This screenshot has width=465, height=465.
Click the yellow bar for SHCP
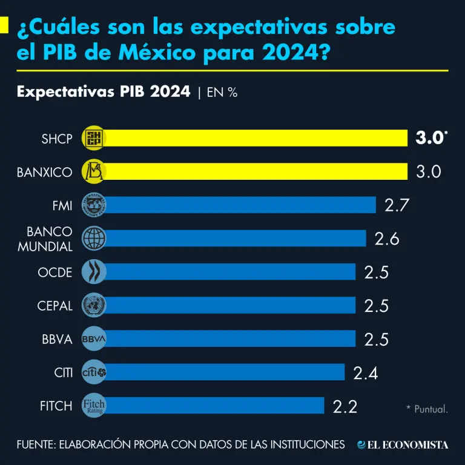pyautogui.click(x=254, y=138)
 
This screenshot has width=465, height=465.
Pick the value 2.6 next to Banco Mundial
pyautogui.click(x=387, y=239)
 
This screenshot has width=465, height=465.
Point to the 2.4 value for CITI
pyautogui.click(x=366, y=373)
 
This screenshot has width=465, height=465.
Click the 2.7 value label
pyautogui.click(x=397, y=205)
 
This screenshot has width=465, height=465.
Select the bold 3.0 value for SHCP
pyautogui.click(x=429, y=138)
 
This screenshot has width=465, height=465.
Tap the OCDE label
pyautogui.click(x=55, y=272)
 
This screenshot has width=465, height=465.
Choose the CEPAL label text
pyautogui.click(x=54, y=306)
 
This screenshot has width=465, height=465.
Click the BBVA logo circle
pyautogui.click(x=94, y=339)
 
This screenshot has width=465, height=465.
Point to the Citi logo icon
pyautogui.click(x=94, y=372)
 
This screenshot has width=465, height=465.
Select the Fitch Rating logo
pyautogui.click(x=94, y=406)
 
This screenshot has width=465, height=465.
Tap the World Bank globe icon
pyautogui.click(x=94, y=239)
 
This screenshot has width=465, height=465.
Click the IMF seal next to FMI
pyautogui.click(x=94, y=205)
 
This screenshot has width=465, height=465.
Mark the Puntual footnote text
pyautogui.click(x=427, y=409)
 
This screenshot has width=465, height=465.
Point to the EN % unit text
pyautogui.click(x=222, y=93)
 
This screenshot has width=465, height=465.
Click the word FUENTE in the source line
pyautogui.click(x=36, y=445)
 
